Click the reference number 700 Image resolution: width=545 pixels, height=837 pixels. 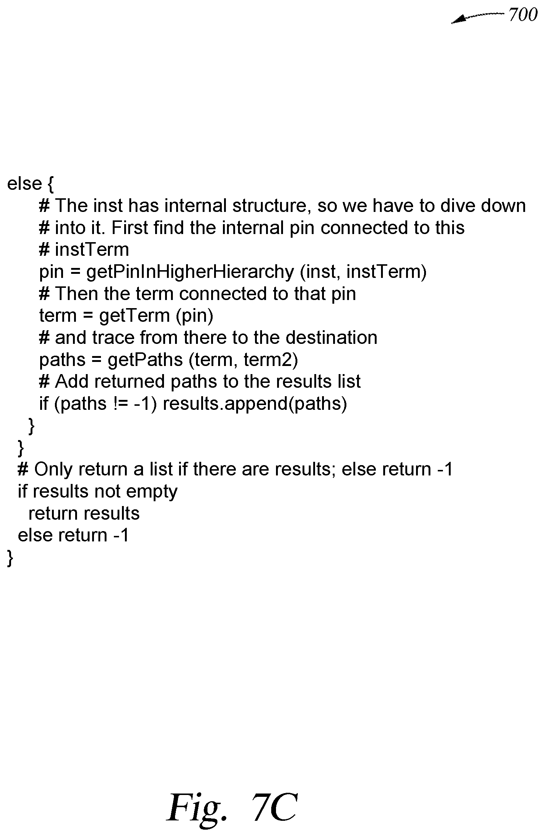pyautogui.click(x=523, y=15)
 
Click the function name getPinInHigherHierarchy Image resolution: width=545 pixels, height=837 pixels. pyautogui.click(x=190, y=272)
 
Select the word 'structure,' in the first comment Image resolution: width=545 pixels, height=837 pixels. pyautogui.click(x=269, y=206)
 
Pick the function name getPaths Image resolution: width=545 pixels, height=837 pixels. pyautogui.click(x=145, y=360)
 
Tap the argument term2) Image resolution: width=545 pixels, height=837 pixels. pyautogui.click(x=271, y=360)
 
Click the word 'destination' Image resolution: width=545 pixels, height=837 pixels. pyautogui.click(x=331, y=338)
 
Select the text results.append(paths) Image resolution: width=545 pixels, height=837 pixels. pyautogui.click(x=255, y=404)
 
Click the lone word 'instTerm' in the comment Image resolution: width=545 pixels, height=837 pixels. pyautogui.click(x=92, y=250)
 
